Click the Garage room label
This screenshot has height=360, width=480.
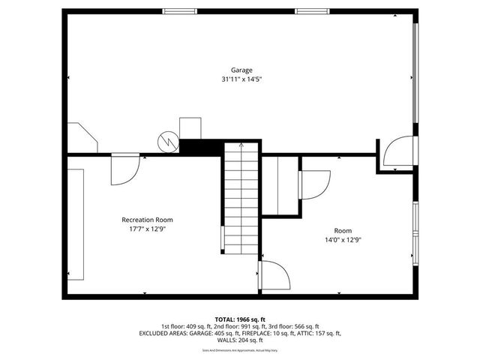[241, 70]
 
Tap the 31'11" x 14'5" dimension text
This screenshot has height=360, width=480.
[241, 79]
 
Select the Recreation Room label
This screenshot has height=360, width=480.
[147, 220]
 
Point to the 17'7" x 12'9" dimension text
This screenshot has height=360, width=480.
[147, 229]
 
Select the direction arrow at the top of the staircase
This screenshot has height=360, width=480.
[241, 145]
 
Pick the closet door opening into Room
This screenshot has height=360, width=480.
[313, 184]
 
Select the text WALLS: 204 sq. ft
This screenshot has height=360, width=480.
[240, 340]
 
